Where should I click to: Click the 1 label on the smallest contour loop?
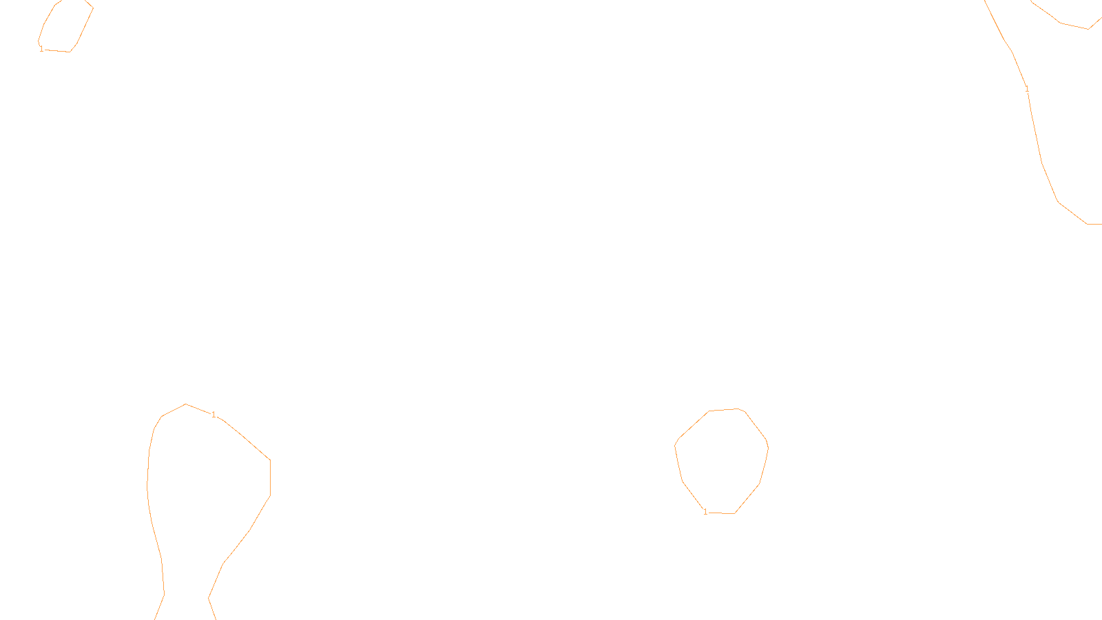tap(41, 49)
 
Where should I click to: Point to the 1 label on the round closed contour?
tap(705, 512)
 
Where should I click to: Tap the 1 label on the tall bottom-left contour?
tap(214, 415)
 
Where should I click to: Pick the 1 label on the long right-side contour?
tap(1027, 89)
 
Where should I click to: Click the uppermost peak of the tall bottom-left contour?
tap(185, 404)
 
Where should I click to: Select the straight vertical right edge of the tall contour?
tap(270, 477)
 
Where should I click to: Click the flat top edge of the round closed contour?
tap(723, 410)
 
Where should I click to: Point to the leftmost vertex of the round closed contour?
tap(675, 445)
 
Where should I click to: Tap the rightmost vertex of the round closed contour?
tap(768, 448)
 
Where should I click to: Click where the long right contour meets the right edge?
tap(1100, 224)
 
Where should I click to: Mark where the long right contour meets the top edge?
tap(985, 1)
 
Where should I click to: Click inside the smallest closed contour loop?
tap(65, 28)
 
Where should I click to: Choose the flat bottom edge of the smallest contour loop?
tap(56, 50)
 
